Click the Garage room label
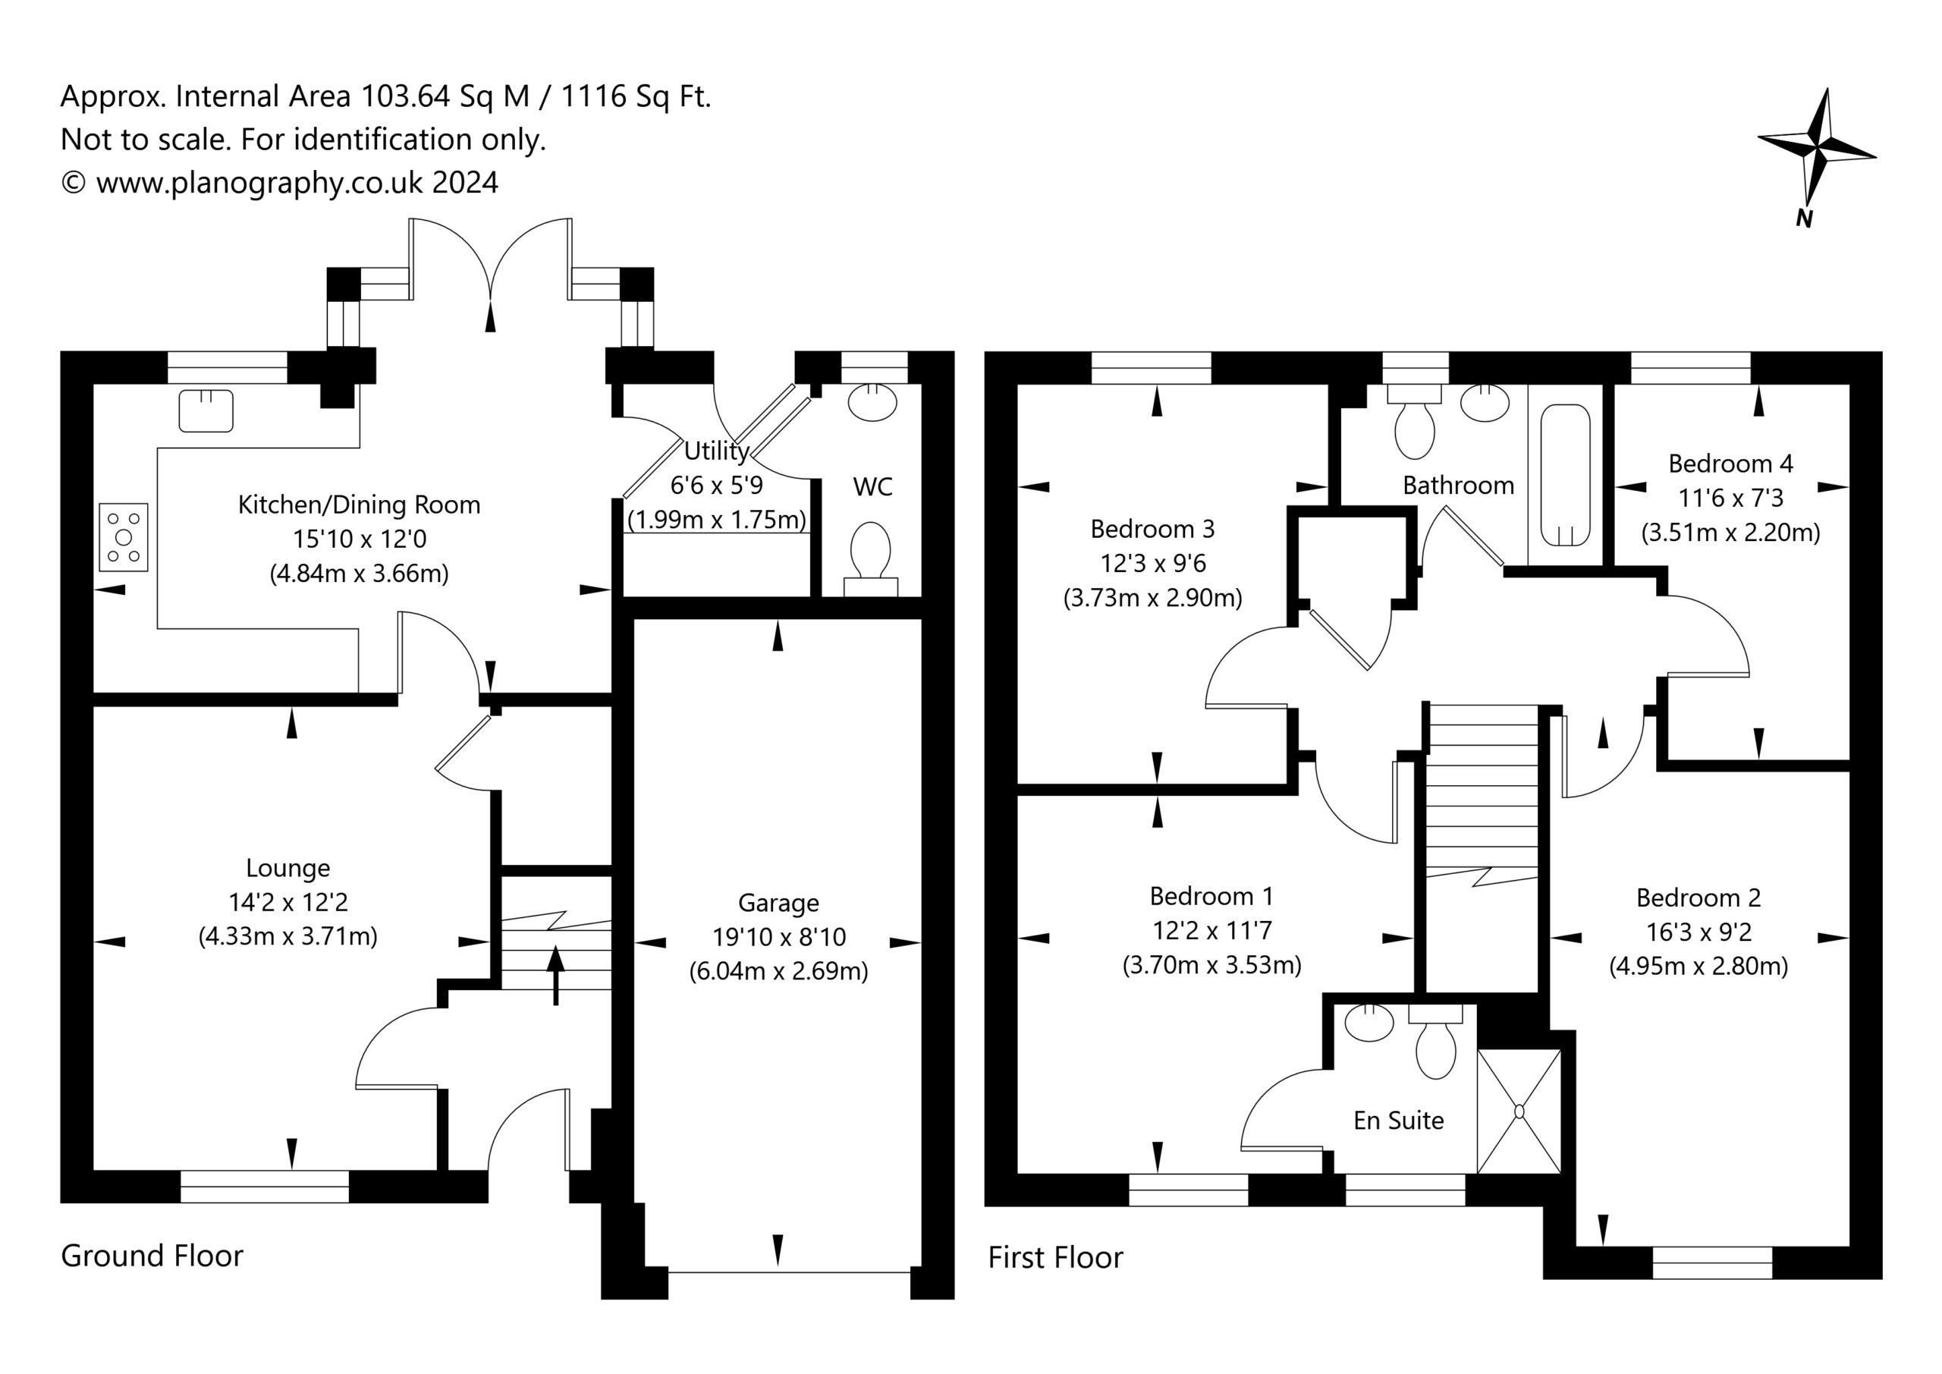pyautogui.click(x=778, y=903)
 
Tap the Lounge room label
pyautogui.click(x=288, y=868)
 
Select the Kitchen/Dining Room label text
pyautogui.click(x=359, y=505)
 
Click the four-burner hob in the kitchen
pyautogui.click(x=124, y=537)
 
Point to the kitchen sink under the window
pyautogui.click(x=206, y=410)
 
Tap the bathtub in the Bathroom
pyautogui.click(x=1566, y=475)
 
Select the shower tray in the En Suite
pyautogui.click(x=1519, y=1111)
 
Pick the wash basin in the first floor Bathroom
pyautogui.click(x=1485, y=403)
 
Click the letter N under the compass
pyautogui.click(x=1804, y=219)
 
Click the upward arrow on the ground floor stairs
pyautogui.click(x=556, y=976)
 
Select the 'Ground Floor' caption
pyautogui.click(x=152, y=1256)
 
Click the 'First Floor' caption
pyautogui.click(x=1055, y=1257)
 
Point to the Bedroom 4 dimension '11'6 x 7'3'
pyautogui.click(x=1730, y=498)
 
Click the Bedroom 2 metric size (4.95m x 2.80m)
pyautogui.click(x=1698, y=966)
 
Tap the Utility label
pyautogui.click(x=716, y=451)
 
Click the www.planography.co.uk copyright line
pyautogui.click(x=279, y=183)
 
